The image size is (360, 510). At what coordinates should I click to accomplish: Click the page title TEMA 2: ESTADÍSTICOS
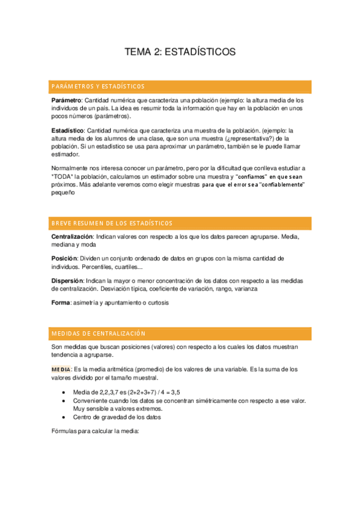tap(180, 52)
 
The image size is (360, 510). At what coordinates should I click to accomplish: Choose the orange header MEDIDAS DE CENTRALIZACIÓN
tap(99, 333)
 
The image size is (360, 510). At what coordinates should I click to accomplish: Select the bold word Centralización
tap(72, 237)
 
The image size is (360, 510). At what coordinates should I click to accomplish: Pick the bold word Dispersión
tap(68, 281)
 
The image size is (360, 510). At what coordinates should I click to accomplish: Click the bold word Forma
tap(61, 303)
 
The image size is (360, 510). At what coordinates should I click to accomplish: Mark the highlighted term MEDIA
tap(61, 369)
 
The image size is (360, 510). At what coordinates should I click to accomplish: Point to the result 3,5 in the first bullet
tap(175, 392)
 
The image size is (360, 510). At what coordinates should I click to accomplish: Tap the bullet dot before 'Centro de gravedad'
tap(64, 417)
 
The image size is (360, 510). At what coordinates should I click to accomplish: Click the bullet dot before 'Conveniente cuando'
tap(64, 401)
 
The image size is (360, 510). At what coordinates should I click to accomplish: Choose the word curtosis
tap(156, 303)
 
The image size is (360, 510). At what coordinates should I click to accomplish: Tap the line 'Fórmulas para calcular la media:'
tap(95, 431)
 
